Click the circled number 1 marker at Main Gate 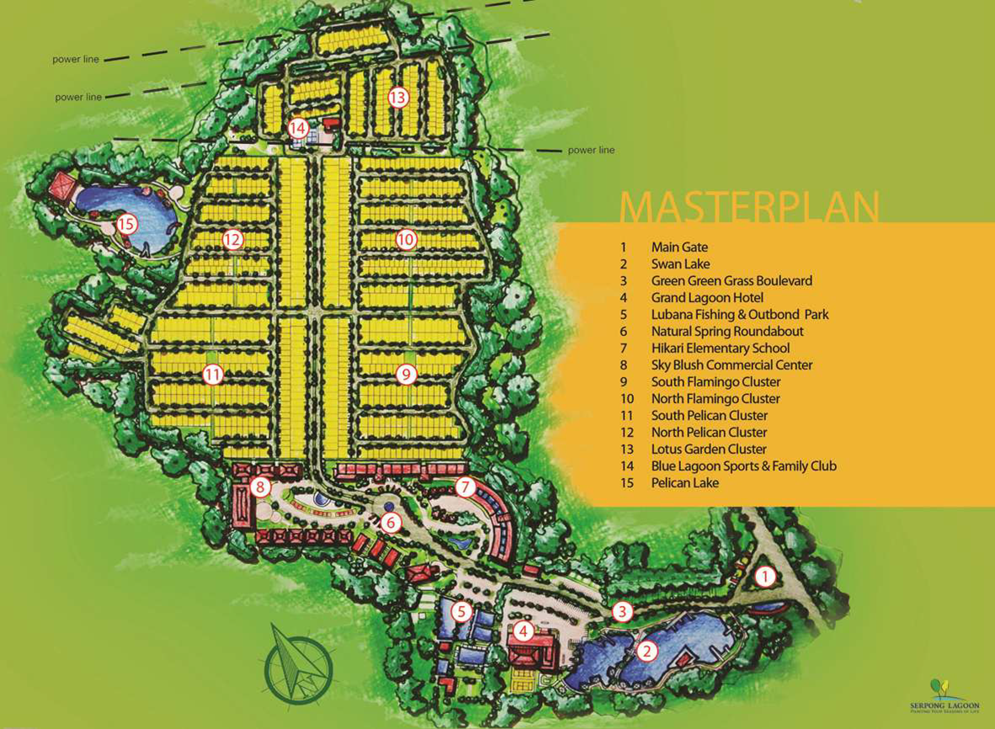click(x=764, y=577)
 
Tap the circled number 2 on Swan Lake click(x=646, y=650)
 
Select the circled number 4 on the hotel click(x=523, y=631)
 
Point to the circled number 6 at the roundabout click(x=391, y=522)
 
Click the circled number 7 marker click(x=466, y=487)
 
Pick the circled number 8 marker click(x=260, y=486)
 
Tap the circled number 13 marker click(x=398, y=98)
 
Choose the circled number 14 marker click(x=298, y=129)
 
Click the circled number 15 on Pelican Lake click(x=126, y=224)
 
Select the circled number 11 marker click(x=213, y=375)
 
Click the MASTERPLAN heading click(x=749, y=207)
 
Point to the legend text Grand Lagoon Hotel click(x=707, y=298)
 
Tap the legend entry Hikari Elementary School click(x=720, y=349)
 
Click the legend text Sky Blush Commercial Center click(x=732, y=365)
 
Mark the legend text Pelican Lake click(x=684, y=483)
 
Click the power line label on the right click(x=591, y=151)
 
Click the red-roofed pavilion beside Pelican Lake click(x=61, y=186)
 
